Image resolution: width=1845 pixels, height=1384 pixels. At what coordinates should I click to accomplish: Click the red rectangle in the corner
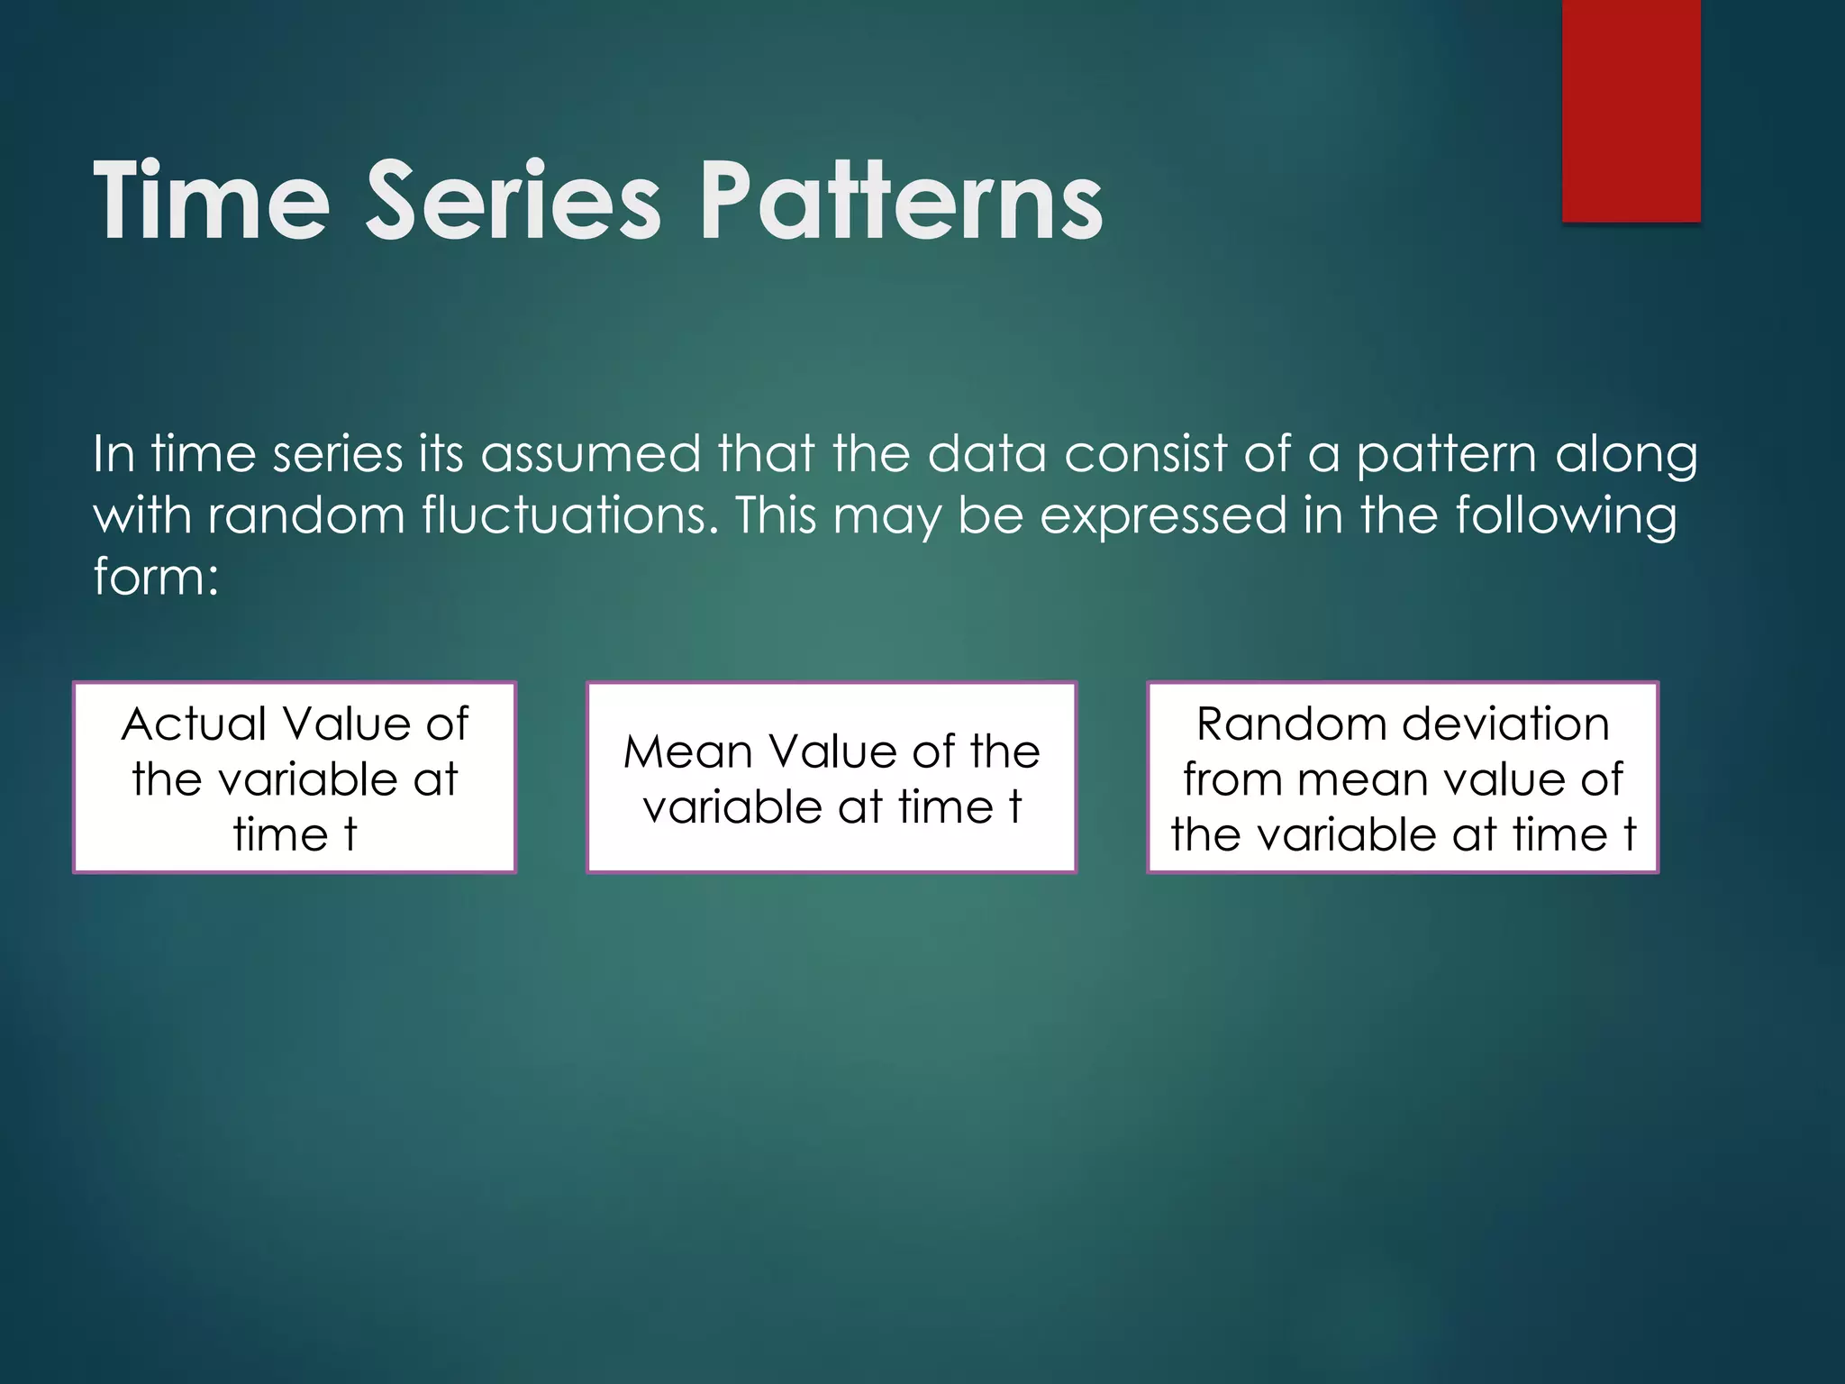tap(1631, 110)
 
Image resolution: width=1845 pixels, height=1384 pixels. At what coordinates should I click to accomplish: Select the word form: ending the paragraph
tap(156, 576)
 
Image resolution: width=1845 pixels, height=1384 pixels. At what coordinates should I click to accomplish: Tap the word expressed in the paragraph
tap(1163, 517)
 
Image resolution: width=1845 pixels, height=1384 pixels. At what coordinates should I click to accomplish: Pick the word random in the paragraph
tap(306, 515)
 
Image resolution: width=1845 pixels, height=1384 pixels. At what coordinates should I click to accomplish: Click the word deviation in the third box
tap(1505, 724)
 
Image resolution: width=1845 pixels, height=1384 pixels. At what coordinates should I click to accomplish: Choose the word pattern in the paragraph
tap(1447, 455)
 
